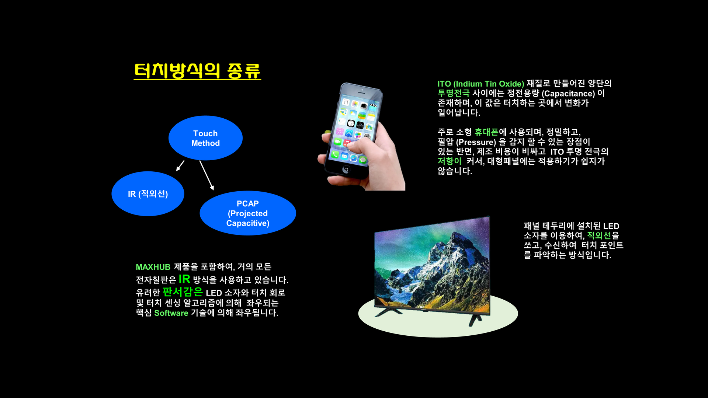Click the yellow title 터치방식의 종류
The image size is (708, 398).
pos(197,71)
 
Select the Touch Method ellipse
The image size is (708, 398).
pos(205,138)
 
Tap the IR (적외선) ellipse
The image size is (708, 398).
pos(148,194)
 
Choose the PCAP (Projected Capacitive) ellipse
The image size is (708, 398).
pos(248,213)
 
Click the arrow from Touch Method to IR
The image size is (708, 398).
pos(180,165)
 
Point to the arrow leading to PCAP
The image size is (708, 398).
pos(207,175)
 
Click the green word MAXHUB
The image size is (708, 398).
pos(153,267)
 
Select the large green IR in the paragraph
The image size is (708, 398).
pos(184,279)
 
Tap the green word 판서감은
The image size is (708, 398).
pos(183,292)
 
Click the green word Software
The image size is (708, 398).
pos(171,313)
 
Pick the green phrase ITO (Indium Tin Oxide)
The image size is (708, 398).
pos(481,84)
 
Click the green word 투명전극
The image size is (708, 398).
pos(454,93)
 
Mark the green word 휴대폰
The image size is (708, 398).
pos(486,132)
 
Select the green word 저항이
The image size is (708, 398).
pos(450,161)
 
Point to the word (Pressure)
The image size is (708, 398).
pos(476,142)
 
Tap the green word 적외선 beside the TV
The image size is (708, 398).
pos(599,235)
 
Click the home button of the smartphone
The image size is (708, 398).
pos(346,170)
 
